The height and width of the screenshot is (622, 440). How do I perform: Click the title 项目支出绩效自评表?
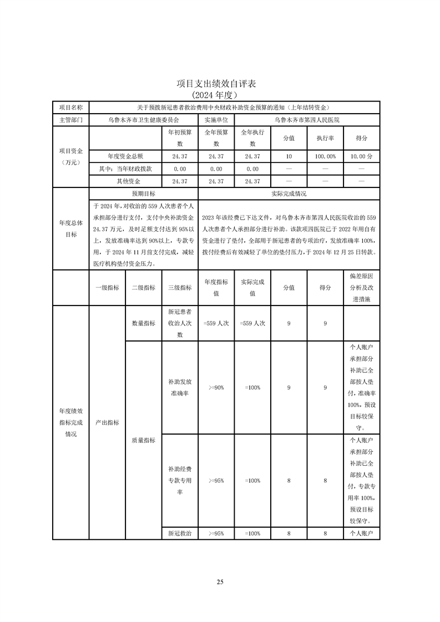(x=220, y=84)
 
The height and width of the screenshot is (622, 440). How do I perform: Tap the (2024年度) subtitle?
(x=220, y=95)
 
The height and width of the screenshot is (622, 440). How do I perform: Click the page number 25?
(x=220, y=582)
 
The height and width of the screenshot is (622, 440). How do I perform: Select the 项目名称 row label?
(x=70, y=107)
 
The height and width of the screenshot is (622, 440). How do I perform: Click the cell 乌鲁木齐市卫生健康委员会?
(x=143, y=120)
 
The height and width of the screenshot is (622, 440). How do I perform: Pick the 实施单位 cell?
(x=216, y=120)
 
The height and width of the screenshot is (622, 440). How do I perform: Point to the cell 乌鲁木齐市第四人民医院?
(x=307, y=120)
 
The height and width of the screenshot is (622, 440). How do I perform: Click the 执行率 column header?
(x=325, y=138)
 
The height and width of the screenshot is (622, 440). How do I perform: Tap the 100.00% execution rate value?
(x=325, y=156)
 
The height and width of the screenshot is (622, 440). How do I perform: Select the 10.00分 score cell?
(x=361, y=156)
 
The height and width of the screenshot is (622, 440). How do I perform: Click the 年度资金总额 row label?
(x=125, y=156)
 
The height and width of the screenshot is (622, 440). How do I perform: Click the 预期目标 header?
(x=143, y=194)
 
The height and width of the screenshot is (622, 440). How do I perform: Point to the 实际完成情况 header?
(x=289, y=194)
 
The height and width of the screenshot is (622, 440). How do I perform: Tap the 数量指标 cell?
(x=143, y=323)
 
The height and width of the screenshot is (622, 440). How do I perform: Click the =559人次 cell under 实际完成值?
(x=252, y=323)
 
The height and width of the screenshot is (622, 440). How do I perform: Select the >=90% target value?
(x=216, y=388)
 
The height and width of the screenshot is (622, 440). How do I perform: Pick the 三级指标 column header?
(x=180, y=287)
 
